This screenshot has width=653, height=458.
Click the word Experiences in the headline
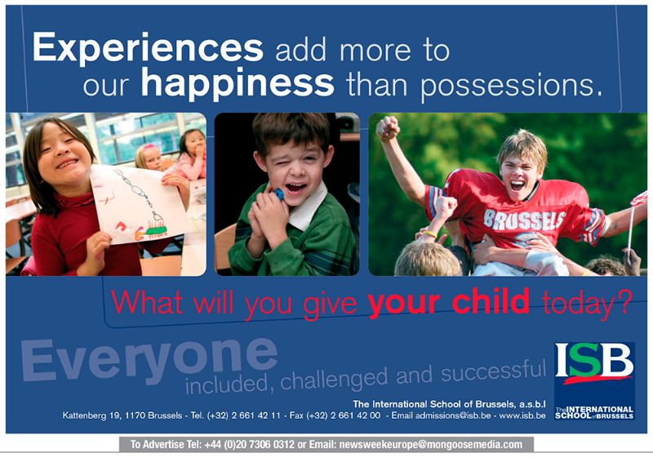click(148, 48)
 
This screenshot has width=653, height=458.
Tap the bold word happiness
click(238, 84)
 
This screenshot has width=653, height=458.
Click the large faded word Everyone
click(149, 361)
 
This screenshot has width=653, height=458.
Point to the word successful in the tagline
click(494, 371)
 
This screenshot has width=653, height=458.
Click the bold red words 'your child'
click(448, 302)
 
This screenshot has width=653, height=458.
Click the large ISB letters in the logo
click(594, 360)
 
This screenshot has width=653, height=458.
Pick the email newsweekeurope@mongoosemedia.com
click(431, 445)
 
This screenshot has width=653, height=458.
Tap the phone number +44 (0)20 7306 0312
click(250, 445)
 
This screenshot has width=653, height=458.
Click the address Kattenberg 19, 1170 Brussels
click(122, 416)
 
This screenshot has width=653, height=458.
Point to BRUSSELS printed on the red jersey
click(524, 219)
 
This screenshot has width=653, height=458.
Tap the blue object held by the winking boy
click(278, 194)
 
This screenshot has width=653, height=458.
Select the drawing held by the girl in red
click(138, 204)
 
